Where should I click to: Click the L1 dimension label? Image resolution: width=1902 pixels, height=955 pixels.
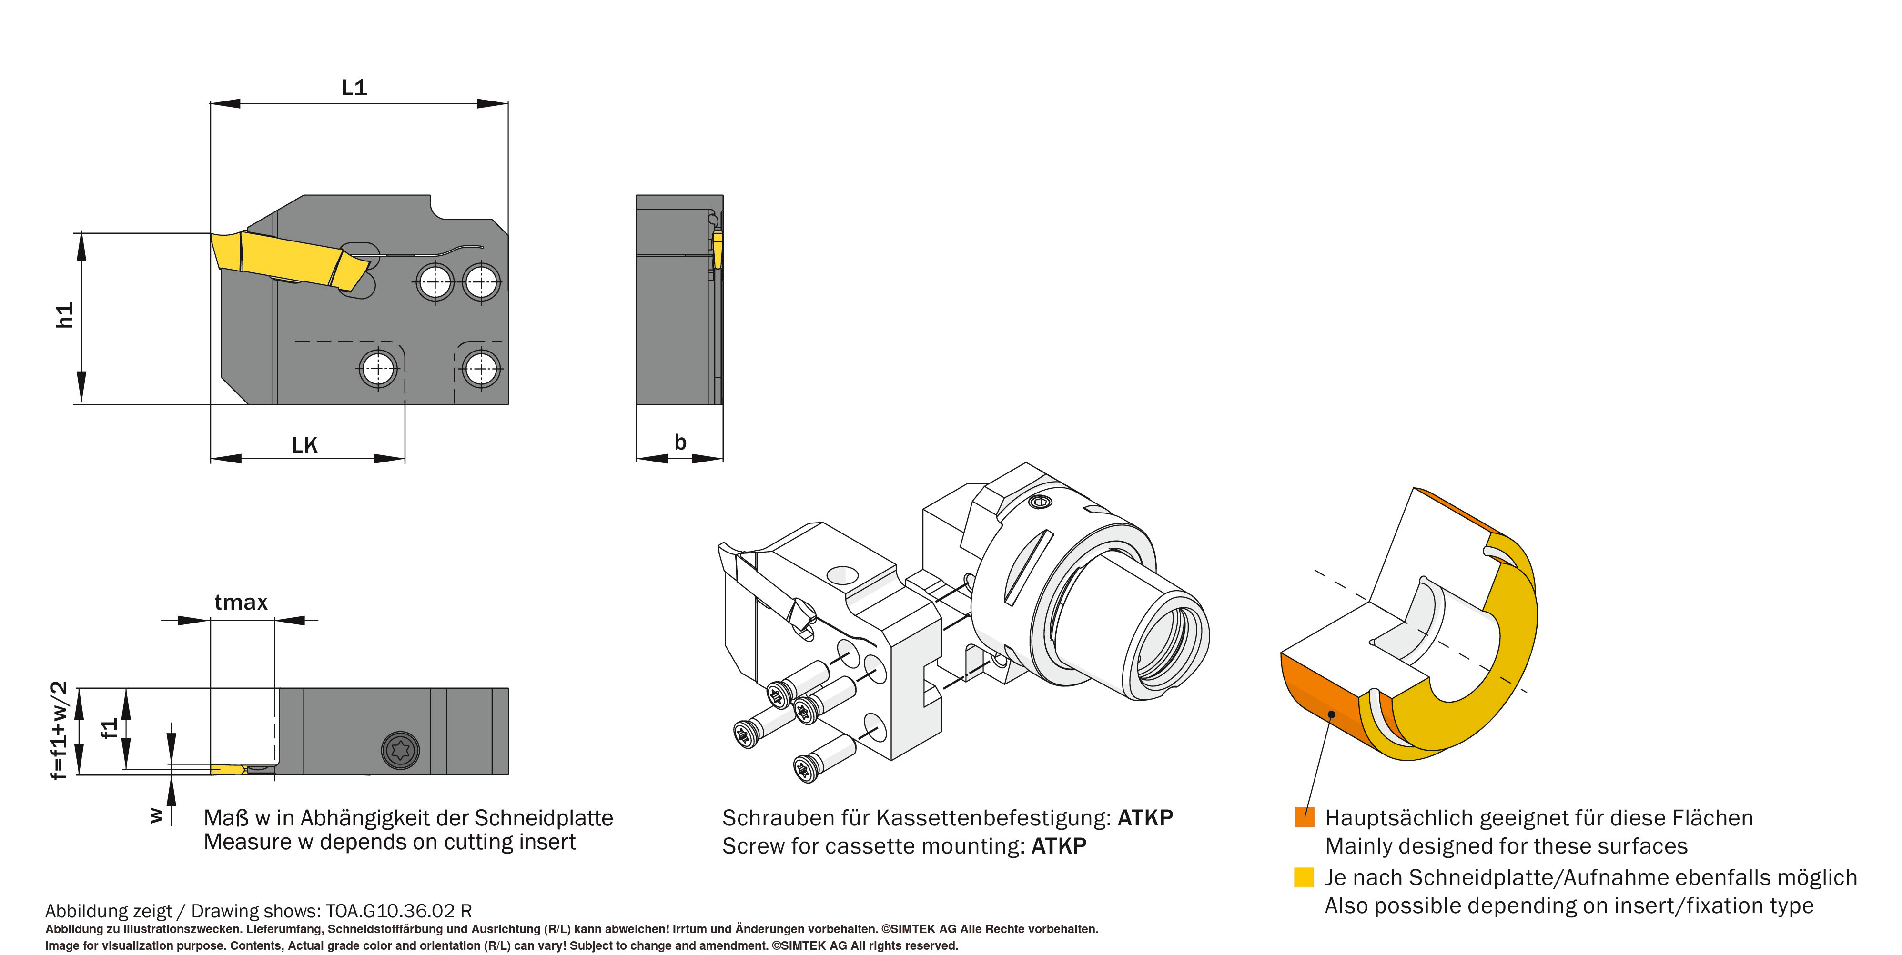point(354,88)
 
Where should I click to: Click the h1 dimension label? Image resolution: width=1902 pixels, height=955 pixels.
point(65,315)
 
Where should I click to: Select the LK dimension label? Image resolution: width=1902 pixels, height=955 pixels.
point(304,445)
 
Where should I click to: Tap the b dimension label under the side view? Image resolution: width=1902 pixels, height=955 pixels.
point(680,442)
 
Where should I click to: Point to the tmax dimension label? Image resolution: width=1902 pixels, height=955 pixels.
point(241,602)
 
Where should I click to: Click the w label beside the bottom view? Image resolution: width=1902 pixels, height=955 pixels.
point(156,815)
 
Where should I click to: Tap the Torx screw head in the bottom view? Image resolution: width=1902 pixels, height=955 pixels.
point(400,751)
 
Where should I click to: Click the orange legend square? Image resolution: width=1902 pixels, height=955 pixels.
point(1304,817)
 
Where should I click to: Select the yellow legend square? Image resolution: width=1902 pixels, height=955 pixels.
point(1304,877)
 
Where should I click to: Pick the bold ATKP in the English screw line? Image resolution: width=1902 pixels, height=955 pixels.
point(1058,846)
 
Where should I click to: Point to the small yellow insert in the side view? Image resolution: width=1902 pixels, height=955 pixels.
point(717,249)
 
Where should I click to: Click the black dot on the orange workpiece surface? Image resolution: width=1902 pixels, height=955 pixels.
point(1331,714)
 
